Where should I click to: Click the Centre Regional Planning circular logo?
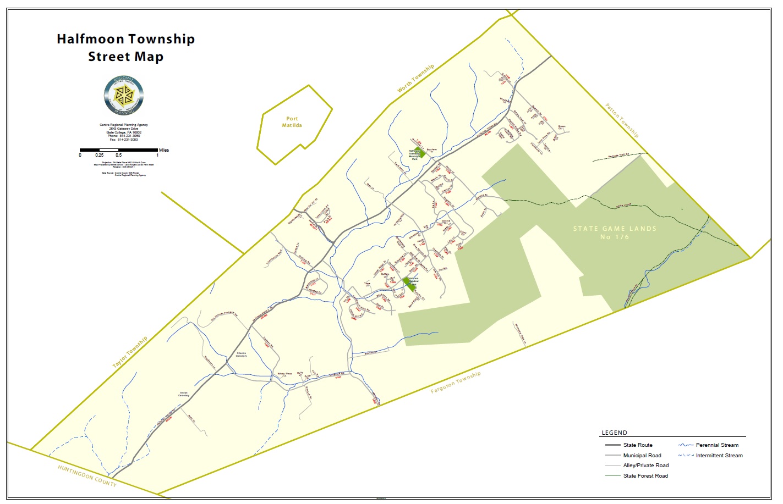124,95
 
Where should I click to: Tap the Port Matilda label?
292,122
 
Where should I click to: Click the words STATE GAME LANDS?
615,229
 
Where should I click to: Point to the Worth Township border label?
416,78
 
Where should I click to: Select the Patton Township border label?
622,120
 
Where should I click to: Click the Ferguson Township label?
456,382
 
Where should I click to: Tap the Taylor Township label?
130,352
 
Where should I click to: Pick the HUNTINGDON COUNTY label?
87,475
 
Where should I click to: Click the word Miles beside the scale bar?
164,150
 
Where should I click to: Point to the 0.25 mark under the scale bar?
99,156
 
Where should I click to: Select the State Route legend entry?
638,445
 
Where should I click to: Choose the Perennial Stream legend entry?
717,445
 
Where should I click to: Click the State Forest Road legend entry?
645,476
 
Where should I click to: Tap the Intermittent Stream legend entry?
719,456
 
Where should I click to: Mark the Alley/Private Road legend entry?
645,466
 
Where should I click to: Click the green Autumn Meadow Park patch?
409,284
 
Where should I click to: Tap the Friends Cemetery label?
241,355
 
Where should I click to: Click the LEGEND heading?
614,433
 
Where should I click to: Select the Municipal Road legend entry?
642,456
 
